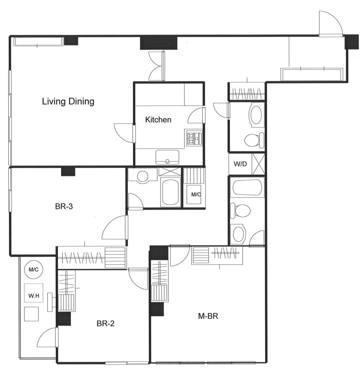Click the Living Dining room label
pyautogui.click(x=68, y=102)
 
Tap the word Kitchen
pyautogui.click(x=158, y=120)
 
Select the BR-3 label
pyautogui.click(x=64, y=206)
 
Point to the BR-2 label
pyautogui.click(x=105, y=323)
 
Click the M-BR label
pyautogui.click(x=208, y=316)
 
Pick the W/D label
pyautogui.click(x=240, y=164)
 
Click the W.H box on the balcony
pyautogui.click(x=34, y=293)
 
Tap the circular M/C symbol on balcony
pyautogui.click(x=34, y=269)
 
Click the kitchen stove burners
pyautogui.click(x=194, y=137)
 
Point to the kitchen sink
pyautogui.click(x=167, y=157)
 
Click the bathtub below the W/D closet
pyautogui.click(x=247, y=188)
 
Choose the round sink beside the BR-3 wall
pyautogui.click(x=143, y=176)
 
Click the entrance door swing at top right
pyautogui.click(x=330, y=23)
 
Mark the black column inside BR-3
pyautogui.click(x=68, y=172)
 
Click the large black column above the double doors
pyautogui.click(x=158, y=43)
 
